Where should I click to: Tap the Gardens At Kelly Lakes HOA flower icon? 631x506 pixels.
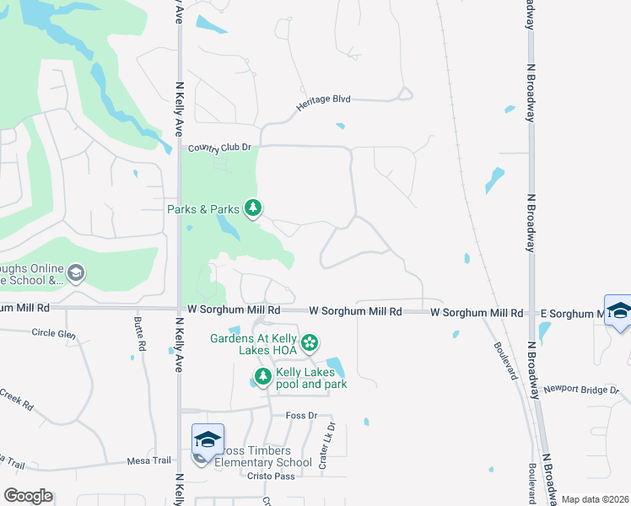(310, 342)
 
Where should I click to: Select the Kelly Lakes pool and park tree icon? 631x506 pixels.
(263, 377)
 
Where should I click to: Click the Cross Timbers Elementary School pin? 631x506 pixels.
(208, 441)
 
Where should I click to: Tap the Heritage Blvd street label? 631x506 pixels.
(323, 104)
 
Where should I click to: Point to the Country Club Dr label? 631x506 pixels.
(220, 148)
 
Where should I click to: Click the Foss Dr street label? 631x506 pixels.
(300, 415)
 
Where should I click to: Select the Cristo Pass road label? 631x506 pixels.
(246, 476)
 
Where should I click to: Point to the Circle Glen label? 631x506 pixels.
(53, 333)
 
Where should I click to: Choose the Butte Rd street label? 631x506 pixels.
(140, 335)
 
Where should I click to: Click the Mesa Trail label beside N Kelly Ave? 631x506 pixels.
(149, 460)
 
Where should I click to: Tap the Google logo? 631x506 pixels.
(28, 496)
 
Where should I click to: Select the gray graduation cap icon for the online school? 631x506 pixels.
(76, 272)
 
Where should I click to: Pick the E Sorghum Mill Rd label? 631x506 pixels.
(574, 313)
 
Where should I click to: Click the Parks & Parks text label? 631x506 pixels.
(203, 208)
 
